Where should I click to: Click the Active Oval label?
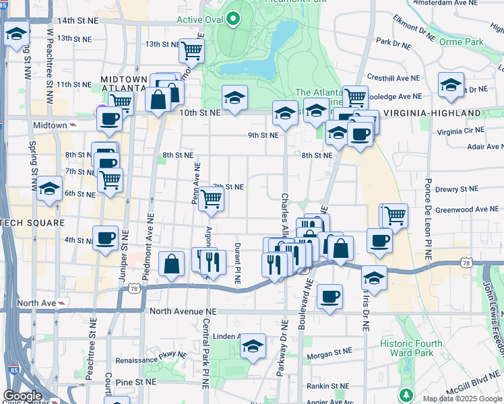pos(199,19)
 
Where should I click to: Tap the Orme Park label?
pos(468,42)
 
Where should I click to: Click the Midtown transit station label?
pos(51,125)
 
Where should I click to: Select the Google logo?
pos(22,396)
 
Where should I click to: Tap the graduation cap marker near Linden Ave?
pos(253,347)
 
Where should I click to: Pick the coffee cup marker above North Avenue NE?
pos(329,296)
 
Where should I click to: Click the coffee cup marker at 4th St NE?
pos(105,238)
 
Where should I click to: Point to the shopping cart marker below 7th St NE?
pos(212,199)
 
